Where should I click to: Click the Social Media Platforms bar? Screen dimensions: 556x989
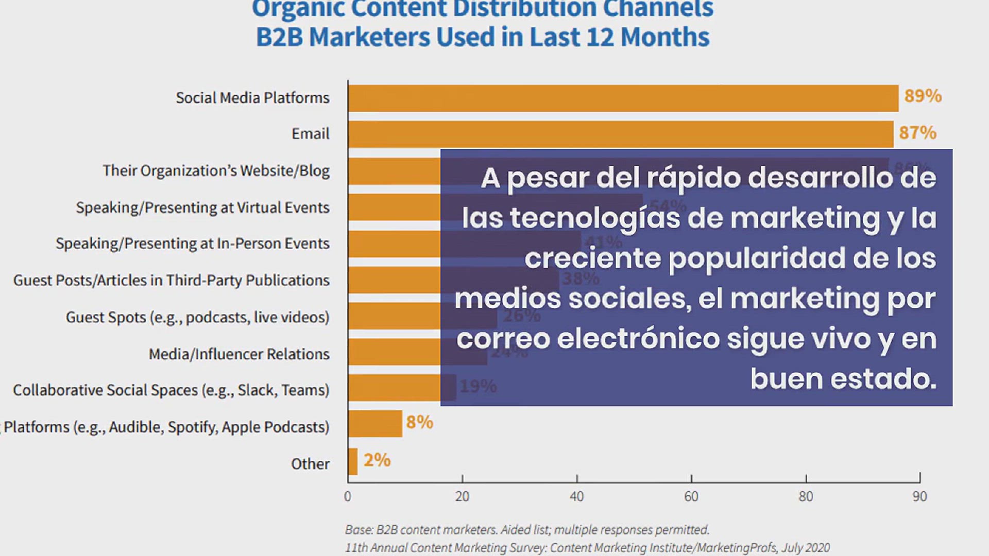623,98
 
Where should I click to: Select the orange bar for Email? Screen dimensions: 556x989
620,134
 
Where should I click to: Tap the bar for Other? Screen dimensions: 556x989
353,461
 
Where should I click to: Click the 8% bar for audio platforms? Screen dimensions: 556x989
375,423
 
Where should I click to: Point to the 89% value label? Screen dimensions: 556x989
923,96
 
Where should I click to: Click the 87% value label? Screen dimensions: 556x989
917,133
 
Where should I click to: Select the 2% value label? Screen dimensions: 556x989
377,460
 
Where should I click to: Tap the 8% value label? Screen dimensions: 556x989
419,422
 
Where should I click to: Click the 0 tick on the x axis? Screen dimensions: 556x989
348,496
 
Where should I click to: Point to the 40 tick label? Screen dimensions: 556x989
576,496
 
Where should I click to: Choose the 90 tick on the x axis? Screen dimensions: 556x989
919,496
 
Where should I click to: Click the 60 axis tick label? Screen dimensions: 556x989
691,496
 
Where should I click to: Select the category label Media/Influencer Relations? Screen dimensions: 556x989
239,354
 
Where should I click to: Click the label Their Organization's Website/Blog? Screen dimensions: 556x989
216,170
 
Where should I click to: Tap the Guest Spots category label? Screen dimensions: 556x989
197,317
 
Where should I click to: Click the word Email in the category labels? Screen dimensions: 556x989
310,134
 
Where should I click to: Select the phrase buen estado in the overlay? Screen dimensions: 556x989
843,379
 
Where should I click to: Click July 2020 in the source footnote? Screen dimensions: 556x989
806,548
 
